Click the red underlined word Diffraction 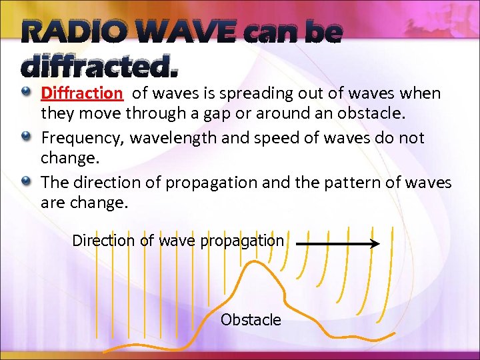[x=82, y=93]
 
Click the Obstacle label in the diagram [x=251, y=320]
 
